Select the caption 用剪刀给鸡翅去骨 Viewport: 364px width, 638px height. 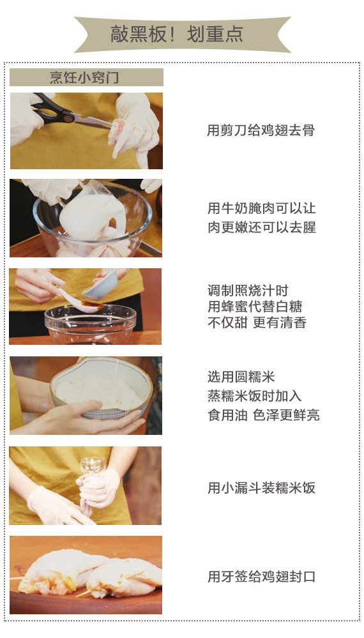click(x=261, y=131)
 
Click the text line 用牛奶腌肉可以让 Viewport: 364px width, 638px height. click(x=262, y=208)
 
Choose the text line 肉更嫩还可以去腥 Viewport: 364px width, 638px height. click(x=262, y=227)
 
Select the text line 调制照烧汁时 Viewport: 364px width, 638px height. click(x=248, y=291)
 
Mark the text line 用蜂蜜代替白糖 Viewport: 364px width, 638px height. click(x=255, y=307)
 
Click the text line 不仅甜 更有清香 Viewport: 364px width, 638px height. click(x=257, y=323)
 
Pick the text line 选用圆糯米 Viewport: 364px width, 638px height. click(x=241, y=377)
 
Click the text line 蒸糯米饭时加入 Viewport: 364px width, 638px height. click(x=255, y=396)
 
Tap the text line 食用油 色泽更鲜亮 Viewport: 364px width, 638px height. click(x=264, y=415)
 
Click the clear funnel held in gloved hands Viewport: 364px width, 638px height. click(x=93, y=467)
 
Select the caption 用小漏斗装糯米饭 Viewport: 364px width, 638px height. click(x=262, y=488)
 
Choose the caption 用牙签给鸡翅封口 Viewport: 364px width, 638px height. click(x=262, y=577)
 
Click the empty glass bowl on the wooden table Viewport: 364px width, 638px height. click(x=90, y=324)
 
